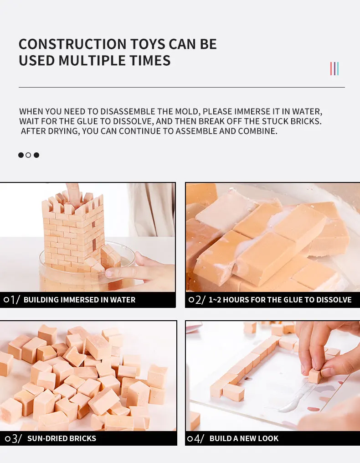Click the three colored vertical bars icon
pyautogui.click(x=334, y=69)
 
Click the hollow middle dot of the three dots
pyautogui.click(x=28, y=155)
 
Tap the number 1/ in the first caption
pyautogui.click(x=15, y=300)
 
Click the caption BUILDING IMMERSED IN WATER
pyautogui.click(x=79, y=300)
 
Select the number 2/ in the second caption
pyautogui.click(x=200, y=300)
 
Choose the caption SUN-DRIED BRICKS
pyautogui.click(x=62, y=438)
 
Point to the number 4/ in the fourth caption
pyautogui.click(x=199, y=438)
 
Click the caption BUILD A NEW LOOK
pyautogui.click(x=244, y=438)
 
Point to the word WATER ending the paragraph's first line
pyautogui.click(x=307, y=111)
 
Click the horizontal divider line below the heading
pyautogui.click(x=181, y=87)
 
